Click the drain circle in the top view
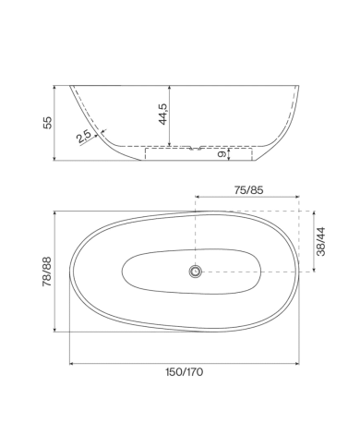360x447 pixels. click(196, 272)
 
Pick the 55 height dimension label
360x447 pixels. click(49, 123)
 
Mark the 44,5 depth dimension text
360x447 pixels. click(163, 115)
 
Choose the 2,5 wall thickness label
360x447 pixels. click(84, 136)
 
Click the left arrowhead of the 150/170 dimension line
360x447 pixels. click(73, 362)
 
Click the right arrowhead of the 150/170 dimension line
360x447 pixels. click(298, 362)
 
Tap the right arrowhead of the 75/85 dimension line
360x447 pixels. click(297, 197)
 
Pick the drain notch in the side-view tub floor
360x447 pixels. click(196, 148)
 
